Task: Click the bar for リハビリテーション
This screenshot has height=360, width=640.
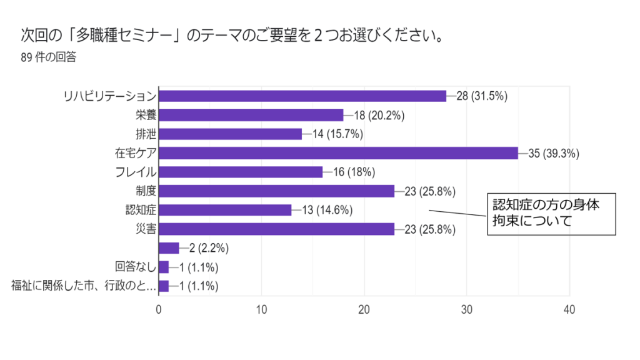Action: point(302,96)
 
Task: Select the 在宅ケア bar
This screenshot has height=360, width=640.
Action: point(338,153)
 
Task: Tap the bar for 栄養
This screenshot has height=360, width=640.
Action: point(251,115)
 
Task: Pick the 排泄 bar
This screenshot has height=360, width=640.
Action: point(230,134)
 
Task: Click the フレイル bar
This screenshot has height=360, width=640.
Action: point(241,172)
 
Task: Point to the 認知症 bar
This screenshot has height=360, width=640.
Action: point(225,210)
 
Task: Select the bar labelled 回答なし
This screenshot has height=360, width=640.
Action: point(164,267)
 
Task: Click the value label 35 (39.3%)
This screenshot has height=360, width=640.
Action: point(554,153)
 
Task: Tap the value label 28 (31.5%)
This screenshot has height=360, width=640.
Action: point(482,96)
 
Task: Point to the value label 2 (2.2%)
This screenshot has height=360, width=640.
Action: point(209,248)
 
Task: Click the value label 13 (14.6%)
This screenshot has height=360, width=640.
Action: point(327,210)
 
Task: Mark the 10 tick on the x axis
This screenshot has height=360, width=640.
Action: point(261,309)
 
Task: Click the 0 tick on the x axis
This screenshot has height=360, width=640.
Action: point(159,309)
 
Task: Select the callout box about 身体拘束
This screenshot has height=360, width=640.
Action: point(551,213)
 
